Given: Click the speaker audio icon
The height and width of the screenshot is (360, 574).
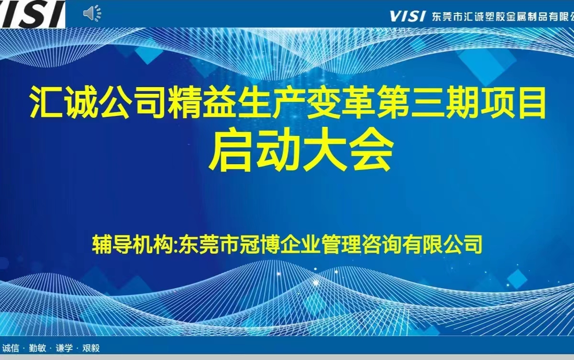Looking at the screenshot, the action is click(x=92, y=13).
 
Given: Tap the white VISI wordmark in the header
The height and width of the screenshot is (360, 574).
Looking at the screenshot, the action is click(x=408, y=16).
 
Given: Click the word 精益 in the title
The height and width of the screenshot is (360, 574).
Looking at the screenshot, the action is click(x=202, y=102).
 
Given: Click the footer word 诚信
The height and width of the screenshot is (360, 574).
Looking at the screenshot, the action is click(x=11, y=348).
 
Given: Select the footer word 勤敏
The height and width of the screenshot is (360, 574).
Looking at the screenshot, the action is click(x=37, y=348).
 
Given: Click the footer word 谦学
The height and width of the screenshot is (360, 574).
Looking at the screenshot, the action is click(x=64, y=348).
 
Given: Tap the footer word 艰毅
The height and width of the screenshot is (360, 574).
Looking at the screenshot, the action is click(x=91, y=348).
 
